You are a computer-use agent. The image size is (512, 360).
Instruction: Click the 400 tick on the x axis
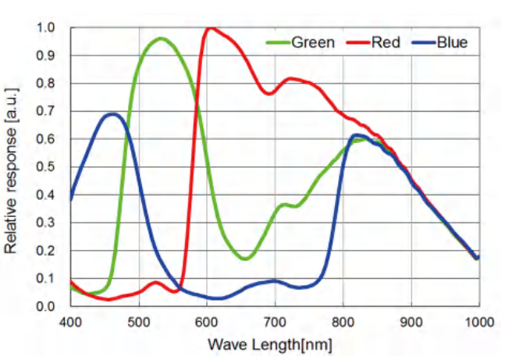[x=70, y=321]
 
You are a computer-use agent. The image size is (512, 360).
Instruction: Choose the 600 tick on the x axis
[x=207, y=321]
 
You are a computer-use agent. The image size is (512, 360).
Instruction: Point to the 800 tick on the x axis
[x=343, y=321]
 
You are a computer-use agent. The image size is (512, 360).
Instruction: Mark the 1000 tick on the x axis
[x=477, y=321]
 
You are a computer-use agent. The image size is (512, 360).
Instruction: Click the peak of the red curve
[x=210, y=29]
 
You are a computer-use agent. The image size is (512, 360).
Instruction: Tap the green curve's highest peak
[x=162, y=38]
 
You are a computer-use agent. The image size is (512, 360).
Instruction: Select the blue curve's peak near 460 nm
[x=113, y=114]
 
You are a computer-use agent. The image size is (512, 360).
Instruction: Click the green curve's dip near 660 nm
[x=245, y=258]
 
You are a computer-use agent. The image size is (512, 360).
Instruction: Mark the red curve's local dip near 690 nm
[x=268, y=94]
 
